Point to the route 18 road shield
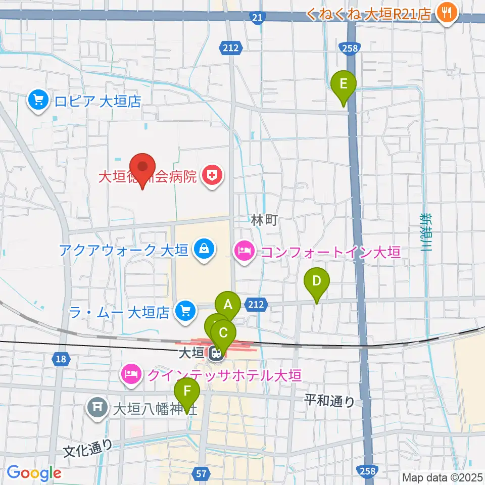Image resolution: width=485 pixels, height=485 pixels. (x=60, y=359)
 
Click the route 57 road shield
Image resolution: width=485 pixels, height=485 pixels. (x=201, y=473)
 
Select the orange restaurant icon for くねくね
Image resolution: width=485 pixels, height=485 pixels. (x=446, y=12)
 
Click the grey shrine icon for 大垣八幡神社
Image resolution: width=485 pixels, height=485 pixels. (x=98, y=407)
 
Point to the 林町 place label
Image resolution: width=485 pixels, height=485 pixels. (x=265, y=220)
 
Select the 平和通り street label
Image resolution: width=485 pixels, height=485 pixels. (x=330, y=401)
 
